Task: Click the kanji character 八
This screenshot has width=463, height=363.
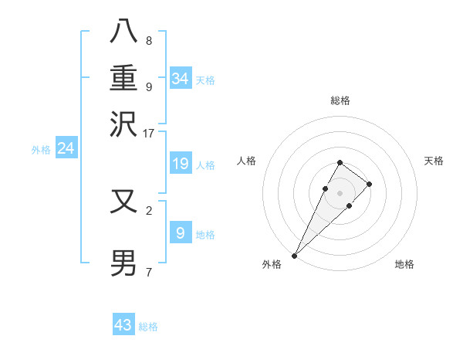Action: click(124, 32)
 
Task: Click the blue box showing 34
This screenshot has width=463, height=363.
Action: click(181, 78)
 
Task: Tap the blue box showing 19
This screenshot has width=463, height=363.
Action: click(181, 164)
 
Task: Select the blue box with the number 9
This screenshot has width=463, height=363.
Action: click(181, 232)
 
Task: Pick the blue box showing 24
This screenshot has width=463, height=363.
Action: click(66, 148)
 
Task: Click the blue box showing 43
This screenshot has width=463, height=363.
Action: click(123, 325)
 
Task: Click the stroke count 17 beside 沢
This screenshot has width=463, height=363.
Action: click(149, 132)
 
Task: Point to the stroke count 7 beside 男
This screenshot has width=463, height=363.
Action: click(149, 272)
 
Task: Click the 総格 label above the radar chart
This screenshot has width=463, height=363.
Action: click(340, 100)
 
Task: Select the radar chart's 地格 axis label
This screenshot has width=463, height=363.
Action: click(404, 264)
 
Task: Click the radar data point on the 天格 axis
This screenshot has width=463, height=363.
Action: click(370, 184)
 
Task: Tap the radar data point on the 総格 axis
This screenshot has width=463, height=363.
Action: click(340, 162)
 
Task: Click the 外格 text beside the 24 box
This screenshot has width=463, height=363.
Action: click(41, 150)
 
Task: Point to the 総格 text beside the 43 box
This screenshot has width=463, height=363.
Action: click(148, 327)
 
